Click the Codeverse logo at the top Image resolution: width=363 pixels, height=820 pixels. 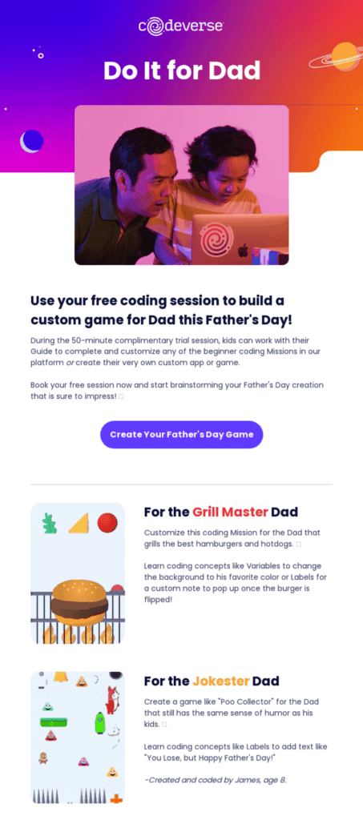click(181, 26)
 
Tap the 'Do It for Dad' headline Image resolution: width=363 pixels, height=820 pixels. click(182, 70)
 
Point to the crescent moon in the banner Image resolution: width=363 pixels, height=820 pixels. click(31, 142)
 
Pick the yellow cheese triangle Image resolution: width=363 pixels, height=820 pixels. click(78, 524)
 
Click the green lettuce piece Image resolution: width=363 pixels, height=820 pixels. click(49, 524)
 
